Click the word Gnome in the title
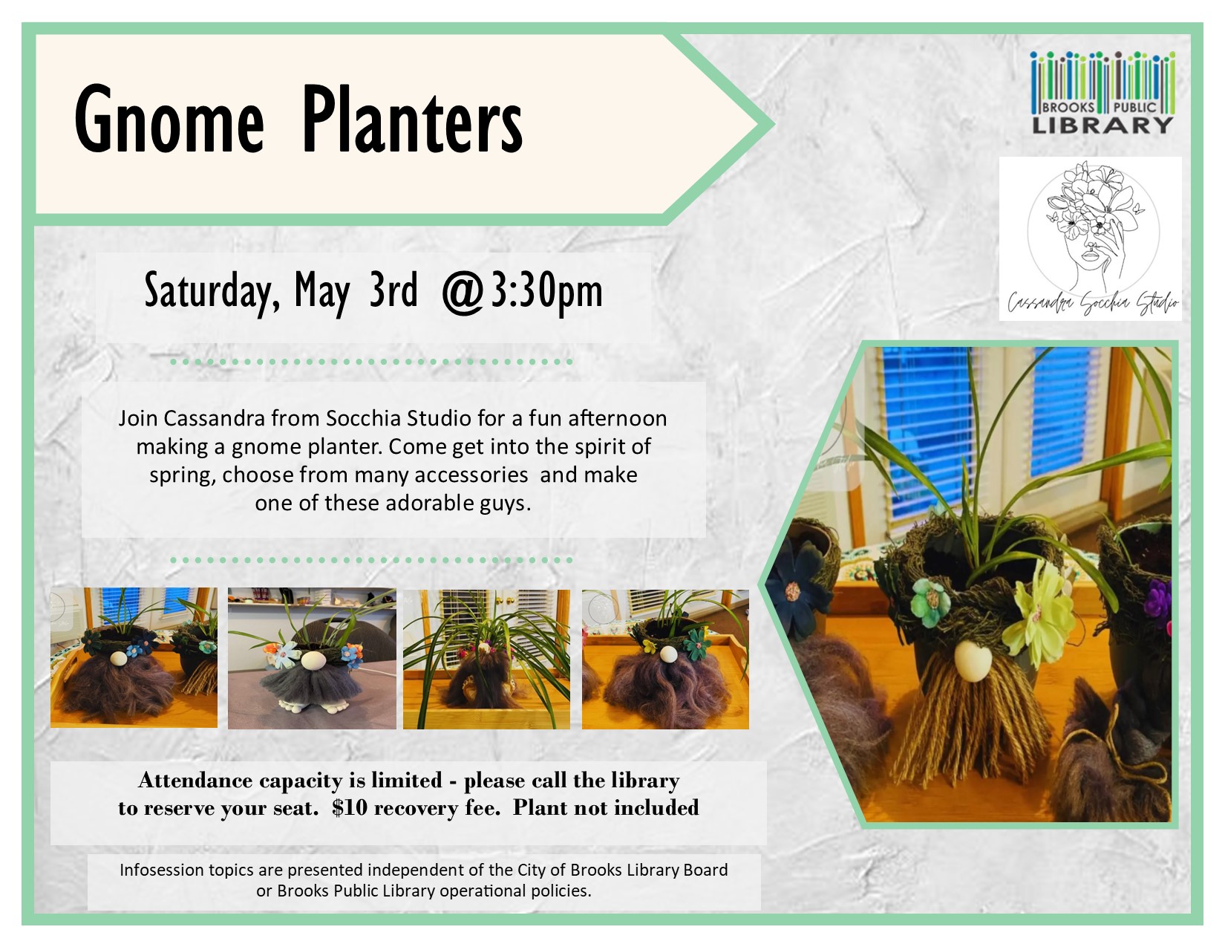point(169,120)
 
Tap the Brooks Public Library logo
point(1102,93)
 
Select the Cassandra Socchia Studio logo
point(1091,238)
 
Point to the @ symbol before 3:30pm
point(463,292)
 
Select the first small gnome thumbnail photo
point(134,657)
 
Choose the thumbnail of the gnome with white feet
point(312,658)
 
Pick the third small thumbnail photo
point(486,660)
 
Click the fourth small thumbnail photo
point(665,660)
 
